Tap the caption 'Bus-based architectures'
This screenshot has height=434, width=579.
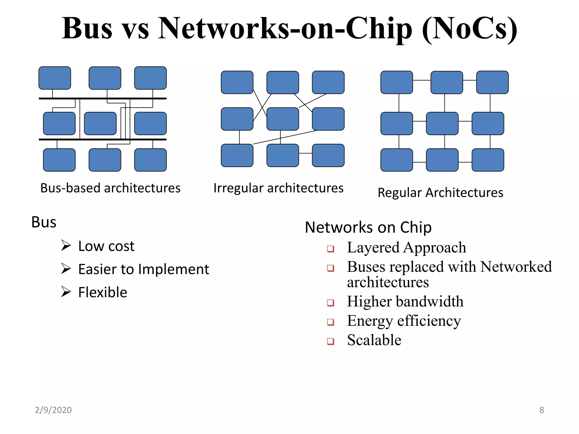coord(110,188)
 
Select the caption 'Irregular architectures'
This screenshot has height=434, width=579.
coord(278,188)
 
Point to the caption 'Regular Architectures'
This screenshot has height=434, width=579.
coord(440,193)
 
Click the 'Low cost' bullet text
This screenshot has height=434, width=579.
coord(106,246)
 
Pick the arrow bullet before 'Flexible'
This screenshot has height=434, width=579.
coord(66,292)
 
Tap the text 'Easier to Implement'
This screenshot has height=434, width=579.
coord(144,269)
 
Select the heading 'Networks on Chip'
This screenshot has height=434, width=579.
coord(368,227)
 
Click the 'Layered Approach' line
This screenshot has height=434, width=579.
coord(407,248)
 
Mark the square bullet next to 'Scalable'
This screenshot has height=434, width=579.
coord(330,341)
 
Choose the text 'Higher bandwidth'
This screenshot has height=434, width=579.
coord(405,301)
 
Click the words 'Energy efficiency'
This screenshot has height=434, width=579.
coord(404,321)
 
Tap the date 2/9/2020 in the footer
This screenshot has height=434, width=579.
coord(53,410)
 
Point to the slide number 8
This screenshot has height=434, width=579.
coord(541,410)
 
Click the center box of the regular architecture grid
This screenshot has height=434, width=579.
coord(442,123)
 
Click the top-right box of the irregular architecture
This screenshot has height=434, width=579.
coord(328,82)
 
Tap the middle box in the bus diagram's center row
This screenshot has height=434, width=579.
coord(100,123)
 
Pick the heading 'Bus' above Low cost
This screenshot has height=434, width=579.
coord(44,222)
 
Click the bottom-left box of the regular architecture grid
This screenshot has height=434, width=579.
coord(397,160)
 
